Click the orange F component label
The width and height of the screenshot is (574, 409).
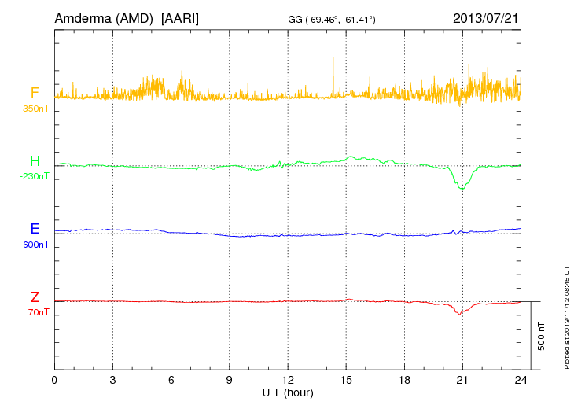35,93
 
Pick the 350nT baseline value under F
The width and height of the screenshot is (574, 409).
35,108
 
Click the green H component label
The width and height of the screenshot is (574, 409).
35,161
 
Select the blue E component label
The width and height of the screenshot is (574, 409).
35,229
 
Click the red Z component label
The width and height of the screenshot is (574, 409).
35,297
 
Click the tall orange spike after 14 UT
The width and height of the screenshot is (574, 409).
333,58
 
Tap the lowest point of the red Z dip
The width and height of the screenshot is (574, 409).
459,315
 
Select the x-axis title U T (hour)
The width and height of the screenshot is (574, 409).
288,392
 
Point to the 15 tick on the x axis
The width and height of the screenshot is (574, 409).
346,380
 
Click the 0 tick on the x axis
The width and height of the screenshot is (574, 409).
54,380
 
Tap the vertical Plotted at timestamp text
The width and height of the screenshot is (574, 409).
566,315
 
